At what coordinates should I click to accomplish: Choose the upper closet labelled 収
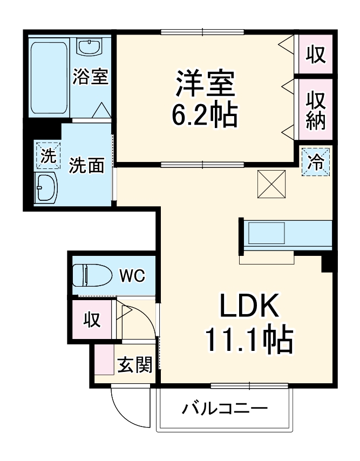[x=316, y=54]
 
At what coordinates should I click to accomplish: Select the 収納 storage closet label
[x=316, y=111]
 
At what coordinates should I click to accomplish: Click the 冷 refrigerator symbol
[x=316, y=161]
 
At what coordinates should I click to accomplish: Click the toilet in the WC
[x=91, y=275]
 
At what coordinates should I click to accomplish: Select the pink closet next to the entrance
[x=91, y=320]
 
